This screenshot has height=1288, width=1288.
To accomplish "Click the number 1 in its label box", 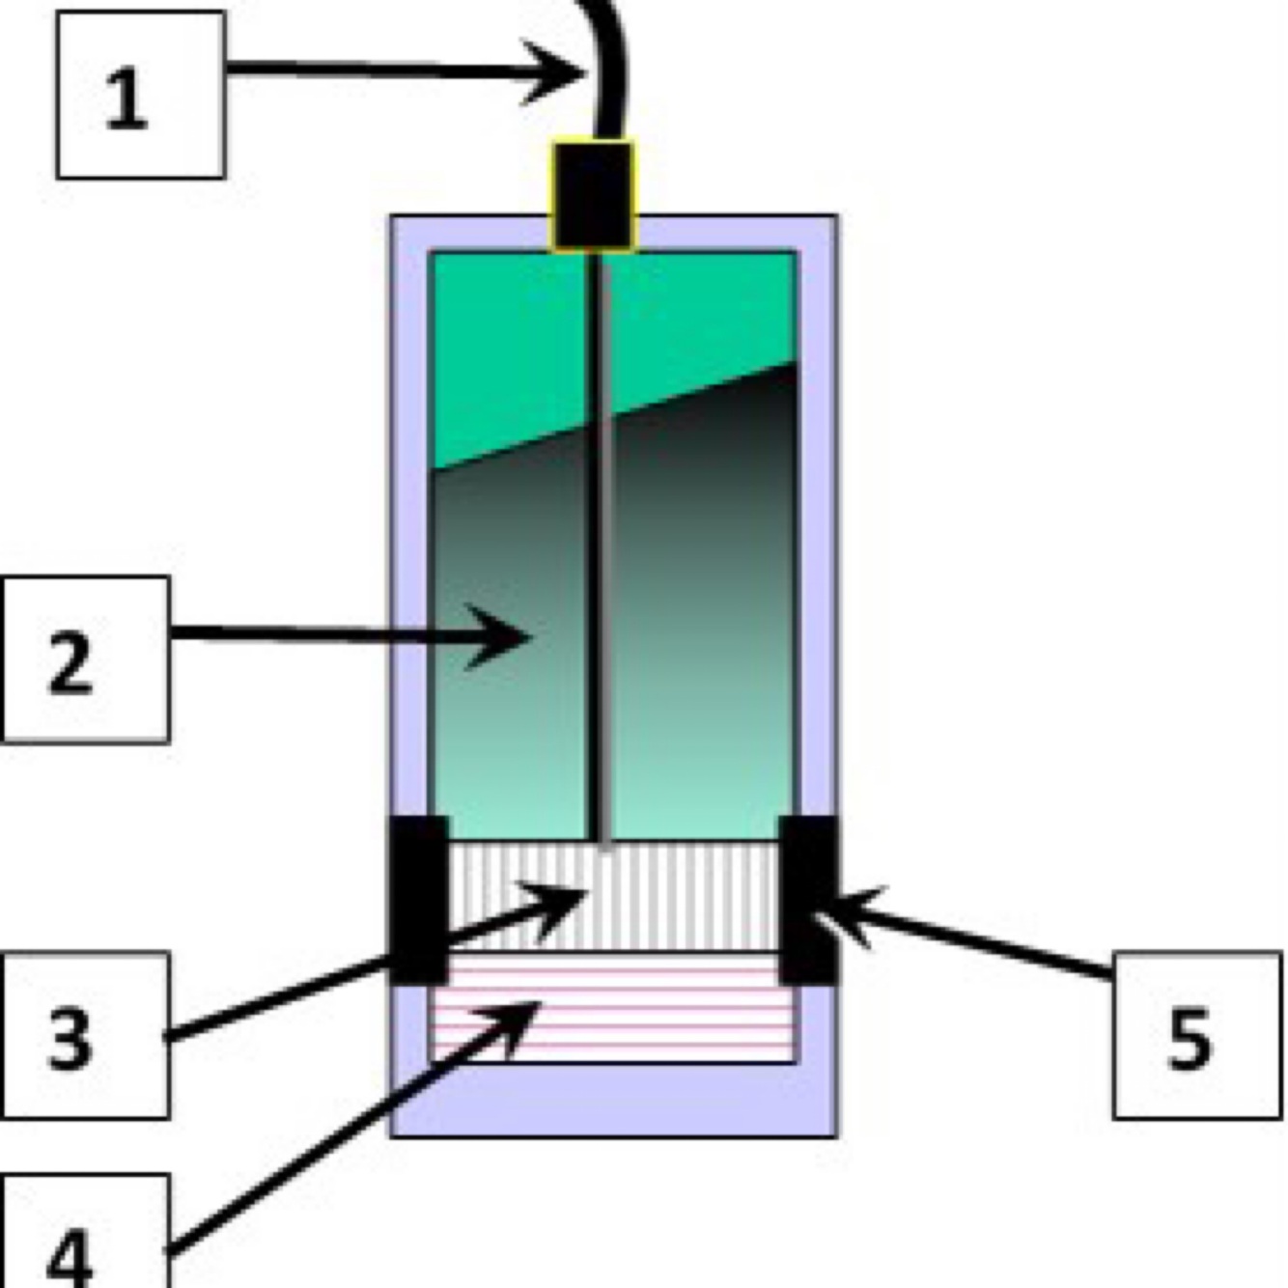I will [x=126, y=98].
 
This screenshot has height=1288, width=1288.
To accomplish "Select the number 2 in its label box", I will [x=70, y=662].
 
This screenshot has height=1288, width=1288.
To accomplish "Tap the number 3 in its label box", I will [x=70, y=1038].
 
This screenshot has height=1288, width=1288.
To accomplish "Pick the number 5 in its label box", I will [x=1190, y=1038].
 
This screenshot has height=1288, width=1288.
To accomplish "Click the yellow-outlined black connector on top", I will [x=593, y=196].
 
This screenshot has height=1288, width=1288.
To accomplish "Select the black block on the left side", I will [x=418, y=899].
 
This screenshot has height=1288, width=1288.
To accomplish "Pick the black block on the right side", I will [x=808, y=899].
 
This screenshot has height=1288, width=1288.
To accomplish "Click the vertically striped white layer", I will [x=676, y=896].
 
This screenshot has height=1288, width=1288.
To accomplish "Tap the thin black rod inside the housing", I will [x=597, y=579].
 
